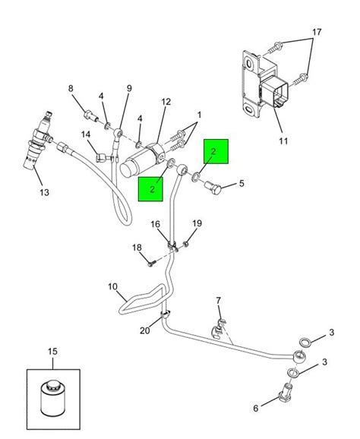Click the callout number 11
tap(283, 141)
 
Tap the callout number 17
tap(317, 32)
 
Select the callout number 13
tap(45, 192)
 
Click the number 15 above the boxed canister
tap(52, 351)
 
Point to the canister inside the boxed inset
tap(53, 399)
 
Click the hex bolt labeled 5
tap(213, 188)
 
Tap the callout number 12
tap(166, 102)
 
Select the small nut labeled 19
tap(186, 244)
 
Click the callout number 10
tap(112, 287)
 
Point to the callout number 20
tap(145, 330)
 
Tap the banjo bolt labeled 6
tap(286, 390)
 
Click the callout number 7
tap(218, 301)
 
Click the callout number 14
tap(86, 134)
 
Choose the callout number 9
tap(129, 88)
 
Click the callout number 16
tap(156, 224)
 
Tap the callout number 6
tap(256, 408)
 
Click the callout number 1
tap(199, 115)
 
